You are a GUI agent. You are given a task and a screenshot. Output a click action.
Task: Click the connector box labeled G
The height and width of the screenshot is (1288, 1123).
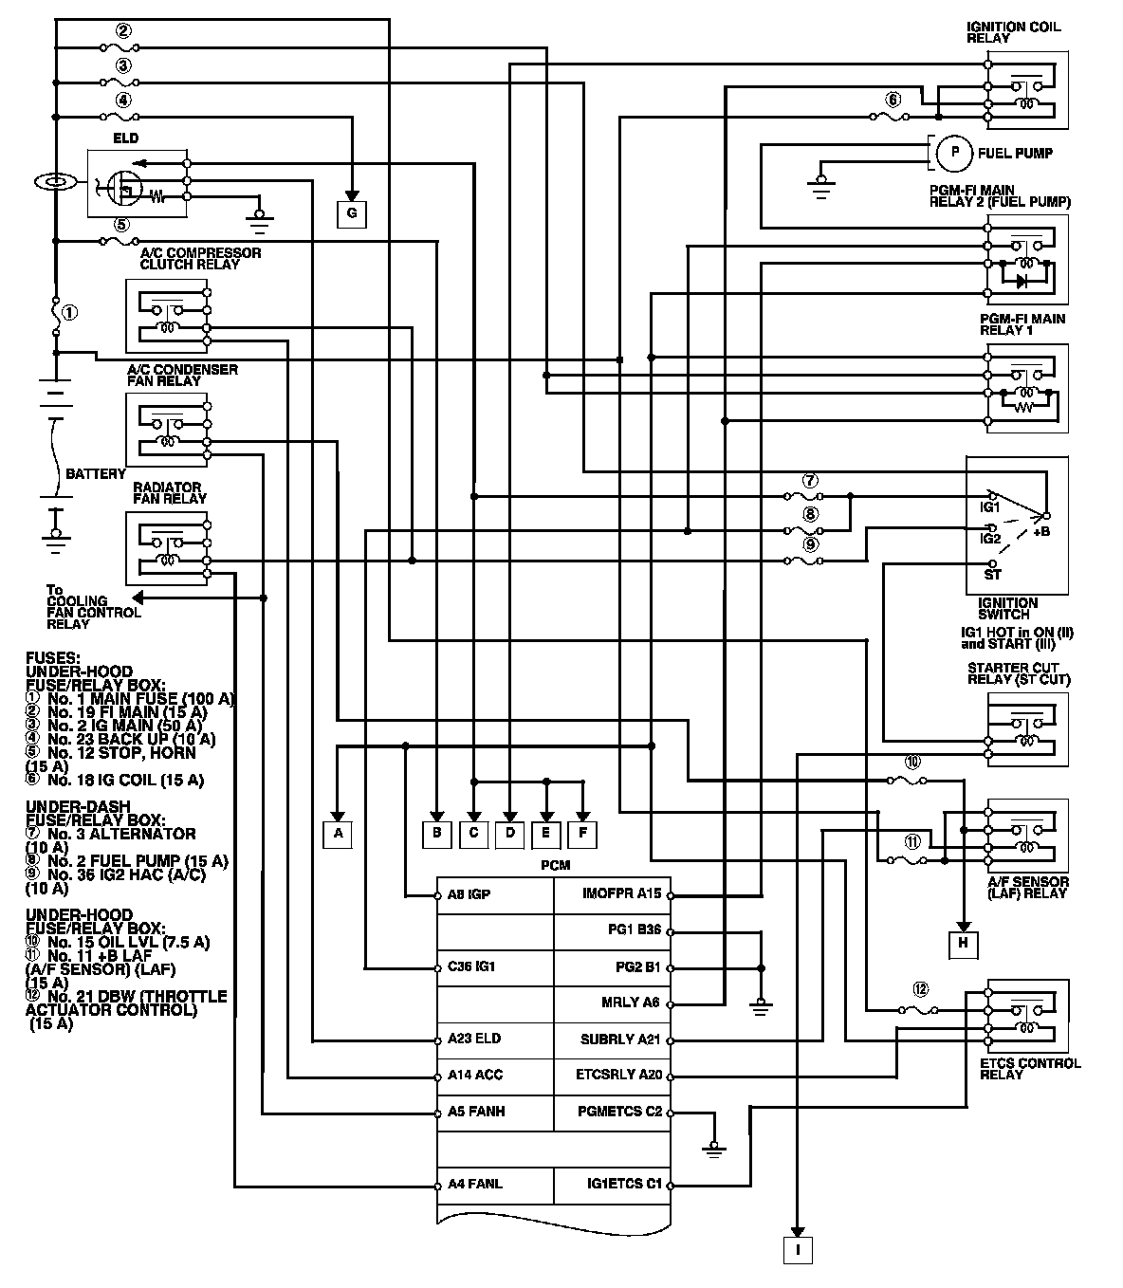pyautogui.click(x=351, y=213)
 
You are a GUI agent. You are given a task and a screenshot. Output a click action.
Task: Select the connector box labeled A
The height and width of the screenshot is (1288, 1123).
pyautogui.click(x=337, y=834)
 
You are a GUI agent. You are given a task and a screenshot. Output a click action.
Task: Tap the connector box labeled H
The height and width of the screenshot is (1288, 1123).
pyautogui.click(x=963, y=942)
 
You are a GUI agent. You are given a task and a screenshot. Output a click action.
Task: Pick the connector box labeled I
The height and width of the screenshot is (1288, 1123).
pyautogui.click(x=798, y=1250)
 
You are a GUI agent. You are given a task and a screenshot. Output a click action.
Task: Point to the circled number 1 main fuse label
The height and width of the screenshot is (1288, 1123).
pyautogui.click(x=69, y=312)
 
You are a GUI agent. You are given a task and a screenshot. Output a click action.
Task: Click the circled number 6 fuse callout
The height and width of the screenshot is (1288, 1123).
pyautogui.click(x=892, y=100)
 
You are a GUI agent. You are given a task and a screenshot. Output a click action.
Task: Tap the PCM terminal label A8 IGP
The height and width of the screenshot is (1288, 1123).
pyautogui.click(x=469, y=894)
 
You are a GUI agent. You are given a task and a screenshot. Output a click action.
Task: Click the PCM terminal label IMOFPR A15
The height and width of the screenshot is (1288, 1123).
pyautogui.click(x=621, y=893)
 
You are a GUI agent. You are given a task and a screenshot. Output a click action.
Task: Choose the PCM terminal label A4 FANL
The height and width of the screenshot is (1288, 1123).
pyautogui.click(x=475, y=1185)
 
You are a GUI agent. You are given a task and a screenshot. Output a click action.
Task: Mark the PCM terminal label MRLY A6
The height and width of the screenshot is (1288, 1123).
pyautogui.click(x=630, y=1003)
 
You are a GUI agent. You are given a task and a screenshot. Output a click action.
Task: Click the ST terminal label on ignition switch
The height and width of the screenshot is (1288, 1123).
pyautogui.click(x=992, y=575)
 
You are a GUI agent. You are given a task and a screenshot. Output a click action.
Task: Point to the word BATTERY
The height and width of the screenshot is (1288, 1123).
pyautogui.click(x=95, y=473)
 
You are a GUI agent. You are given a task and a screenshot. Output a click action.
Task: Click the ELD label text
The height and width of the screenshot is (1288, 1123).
pyautogui.click(x=126, y=138)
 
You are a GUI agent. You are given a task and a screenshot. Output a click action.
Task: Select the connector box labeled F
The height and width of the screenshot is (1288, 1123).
pyautogui.click(x=583, y=834)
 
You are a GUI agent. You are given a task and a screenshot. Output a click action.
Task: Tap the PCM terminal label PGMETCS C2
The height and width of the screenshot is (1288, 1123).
pyautogui.click(x=619, y=1112)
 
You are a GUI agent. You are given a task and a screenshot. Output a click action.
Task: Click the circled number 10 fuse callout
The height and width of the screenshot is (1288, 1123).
pyautogui.click(x=912, y=762)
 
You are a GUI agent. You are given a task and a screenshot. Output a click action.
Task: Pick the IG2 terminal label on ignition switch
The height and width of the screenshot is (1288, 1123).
pyautogui.click(x=990, y=538)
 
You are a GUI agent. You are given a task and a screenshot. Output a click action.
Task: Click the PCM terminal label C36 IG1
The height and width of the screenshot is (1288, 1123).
pyautogui.click(x=471, y=967)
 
